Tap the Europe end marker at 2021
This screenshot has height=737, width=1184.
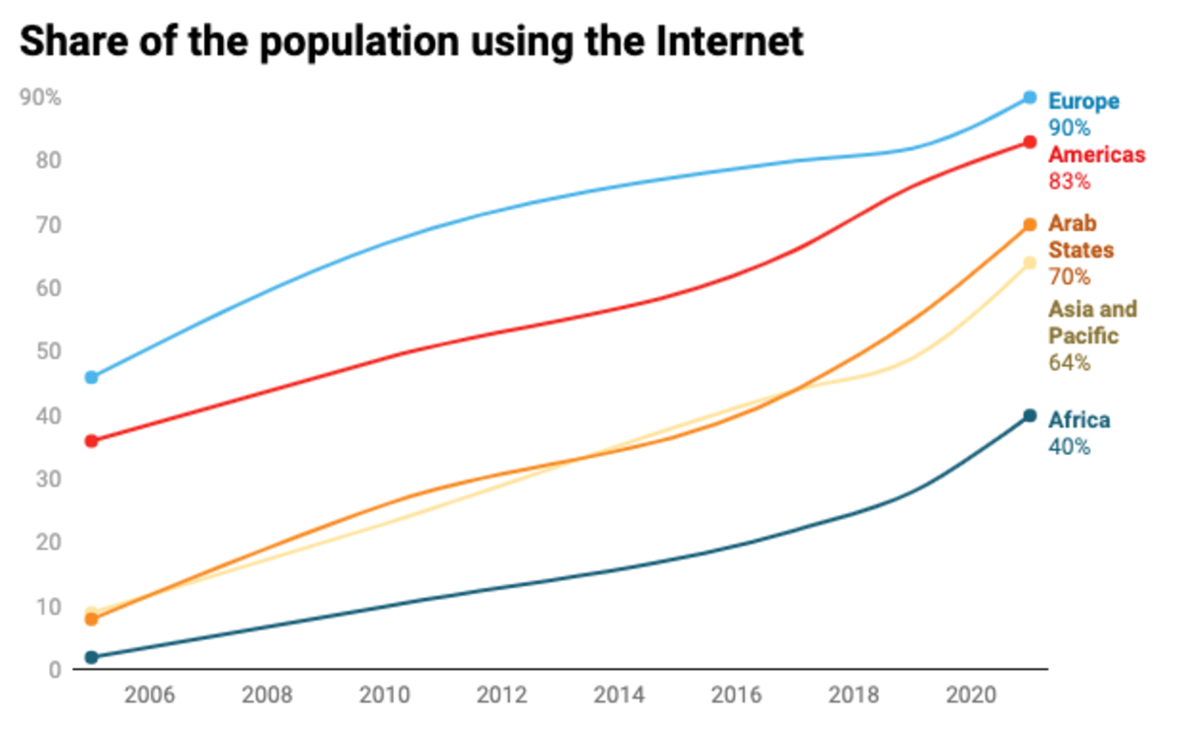[x=1029, y=98]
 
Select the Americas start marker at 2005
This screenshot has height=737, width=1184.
[x=92, y=441]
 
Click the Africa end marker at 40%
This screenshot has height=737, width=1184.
[x=1029, y=415]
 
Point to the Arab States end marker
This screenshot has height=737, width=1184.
[x=1029, y=225]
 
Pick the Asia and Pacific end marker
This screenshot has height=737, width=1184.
[x=1029, y=262]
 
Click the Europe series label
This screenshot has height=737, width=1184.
[x=1083, y=101]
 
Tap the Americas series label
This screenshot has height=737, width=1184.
[x=1096, y=155]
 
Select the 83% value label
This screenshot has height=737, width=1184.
[x=1069, y=182]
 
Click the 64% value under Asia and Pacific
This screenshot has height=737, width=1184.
[x=1069, y=363]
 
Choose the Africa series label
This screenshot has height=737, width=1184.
[x=1078, y=420]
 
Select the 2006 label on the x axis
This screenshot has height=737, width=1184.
[x=150, y=695]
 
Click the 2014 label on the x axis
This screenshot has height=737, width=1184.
[x=619, y=695]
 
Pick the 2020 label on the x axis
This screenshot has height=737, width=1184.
[x=970, y=695]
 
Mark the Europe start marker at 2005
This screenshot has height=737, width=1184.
[x=92, y=377]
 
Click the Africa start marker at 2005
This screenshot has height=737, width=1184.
[x=92, y=657]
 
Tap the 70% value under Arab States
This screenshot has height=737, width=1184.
[x=1069, y=276]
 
